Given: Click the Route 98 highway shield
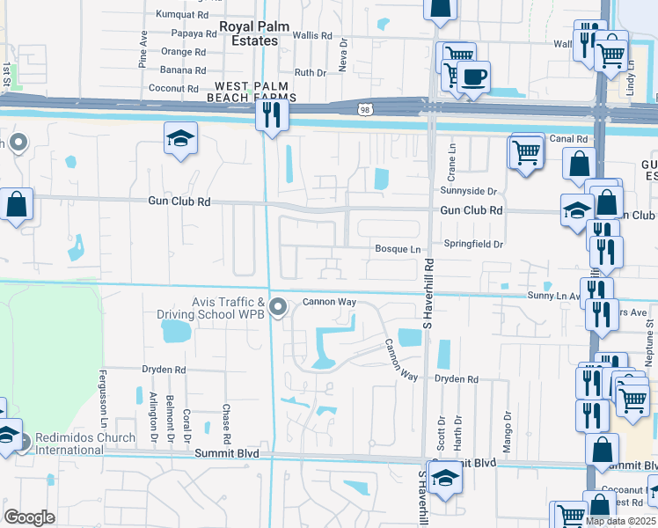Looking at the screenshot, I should click(x=364, y=109).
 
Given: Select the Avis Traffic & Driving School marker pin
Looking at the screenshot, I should click(x=279, y=307).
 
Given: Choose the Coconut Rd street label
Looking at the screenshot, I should click(x=173, y=88).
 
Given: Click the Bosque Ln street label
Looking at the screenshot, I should click(x=398, y=249).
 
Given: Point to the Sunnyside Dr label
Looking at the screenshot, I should click(x=469, y=191).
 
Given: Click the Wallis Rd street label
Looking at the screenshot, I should click(x=312, y=36).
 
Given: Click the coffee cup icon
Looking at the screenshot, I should click(x=473, y=77).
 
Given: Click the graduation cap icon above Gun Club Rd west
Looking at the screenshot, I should click(x=180, y=138).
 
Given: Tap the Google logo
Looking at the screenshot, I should click(x=29, y=517).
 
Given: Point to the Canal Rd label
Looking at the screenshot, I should click(x=568, y=139).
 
